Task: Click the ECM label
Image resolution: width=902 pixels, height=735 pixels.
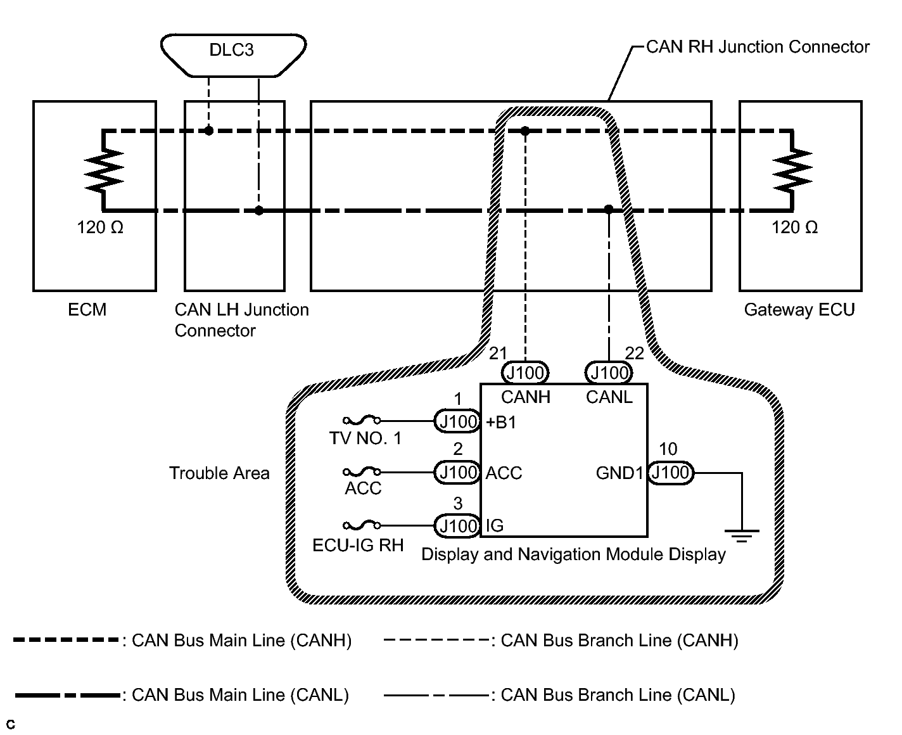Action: pos(87,310)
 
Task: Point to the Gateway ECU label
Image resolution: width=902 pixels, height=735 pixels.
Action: pos(799,310)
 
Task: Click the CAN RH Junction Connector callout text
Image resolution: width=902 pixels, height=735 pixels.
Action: pos(758,47)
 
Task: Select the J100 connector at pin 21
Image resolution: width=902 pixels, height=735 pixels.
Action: pos(525,373)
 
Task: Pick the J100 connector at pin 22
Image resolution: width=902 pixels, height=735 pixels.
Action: pos(609,373)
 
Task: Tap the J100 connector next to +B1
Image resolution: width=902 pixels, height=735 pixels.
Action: pos(457,421)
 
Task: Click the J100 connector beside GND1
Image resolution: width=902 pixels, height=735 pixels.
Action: pos(671,473)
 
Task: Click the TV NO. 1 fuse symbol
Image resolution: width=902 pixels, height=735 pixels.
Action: pos(362,421)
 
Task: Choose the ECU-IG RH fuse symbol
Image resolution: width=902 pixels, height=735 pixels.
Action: pos(362,525)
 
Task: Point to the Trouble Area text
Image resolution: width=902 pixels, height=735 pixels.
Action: pos(219,473)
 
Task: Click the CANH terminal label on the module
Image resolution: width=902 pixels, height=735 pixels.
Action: pos(525,397)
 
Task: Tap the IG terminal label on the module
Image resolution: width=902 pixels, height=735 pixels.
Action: pos(495,526)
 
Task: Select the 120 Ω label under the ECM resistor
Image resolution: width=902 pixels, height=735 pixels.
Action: pos(100,227)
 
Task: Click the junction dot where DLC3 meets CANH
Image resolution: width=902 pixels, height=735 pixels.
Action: pos(208,131)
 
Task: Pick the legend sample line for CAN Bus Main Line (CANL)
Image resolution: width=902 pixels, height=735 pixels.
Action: pos(67,696)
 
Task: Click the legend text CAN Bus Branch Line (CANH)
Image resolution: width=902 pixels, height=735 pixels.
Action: pos(619,641)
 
